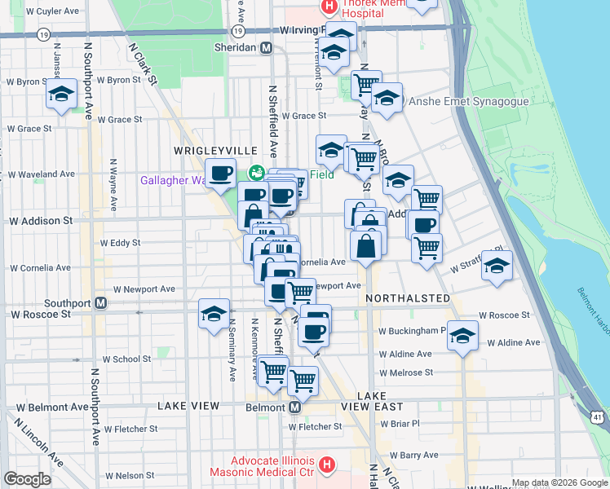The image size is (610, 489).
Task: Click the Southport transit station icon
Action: [101, 303]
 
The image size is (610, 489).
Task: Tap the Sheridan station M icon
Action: [266, 48]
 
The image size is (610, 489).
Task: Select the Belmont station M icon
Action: [294, 407]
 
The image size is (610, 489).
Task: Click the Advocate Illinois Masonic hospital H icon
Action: [326, 465]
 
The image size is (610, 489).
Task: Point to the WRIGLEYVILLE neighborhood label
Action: [214, 152]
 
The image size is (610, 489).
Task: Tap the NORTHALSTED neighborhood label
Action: [408, 298]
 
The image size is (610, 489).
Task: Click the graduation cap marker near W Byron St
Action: [61, 95]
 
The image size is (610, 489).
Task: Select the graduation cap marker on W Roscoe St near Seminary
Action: [214, 314]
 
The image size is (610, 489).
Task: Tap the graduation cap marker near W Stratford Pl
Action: [497, 266]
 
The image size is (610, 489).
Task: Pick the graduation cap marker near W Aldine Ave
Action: [462, 336]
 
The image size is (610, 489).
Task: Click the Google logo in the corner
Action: [27, 479]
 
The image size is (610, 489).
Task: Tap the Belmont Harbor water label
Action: [594, 311]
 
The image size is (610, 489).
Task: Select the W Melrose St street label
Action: [405, 372]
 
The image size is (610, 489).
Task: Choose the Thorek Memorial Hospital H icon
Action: [329, 8]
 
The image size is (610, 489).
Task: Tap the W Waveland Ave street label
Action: [41, 174]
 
